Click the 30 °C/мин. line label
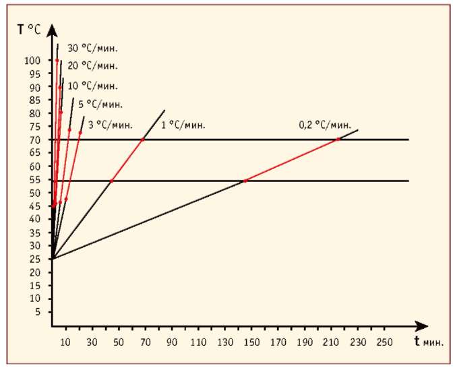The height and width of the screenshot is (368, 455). click(93, 48)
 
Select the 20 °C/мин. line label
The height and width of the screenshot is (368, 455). click(93, 65)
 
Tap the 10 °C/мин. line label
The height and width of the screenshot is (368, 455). click(93, 86)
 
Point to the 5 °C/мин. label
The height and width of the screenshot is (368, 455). click(100, 104)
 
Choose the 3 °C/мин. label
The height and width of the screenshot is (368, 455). click(111, 125)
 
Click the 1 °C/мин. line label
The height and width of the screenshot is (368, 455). click(183, 125)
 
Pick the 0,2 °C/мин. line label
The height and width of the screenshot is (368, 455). click(325, 125)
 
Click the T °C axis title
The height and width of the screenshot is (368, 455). click(29, 30)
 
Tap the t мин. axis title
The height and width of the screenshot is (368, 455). click(429, 342)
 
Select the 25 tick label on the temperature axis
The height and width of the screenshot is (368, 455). click(34, 259)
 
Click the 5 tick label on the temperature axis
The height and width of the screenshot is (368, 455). click(37, 312)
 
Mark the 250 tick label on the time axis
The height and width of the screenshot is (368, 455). click(384, 342)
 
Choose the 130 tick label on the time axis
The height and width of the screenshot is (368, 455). click(225, 342)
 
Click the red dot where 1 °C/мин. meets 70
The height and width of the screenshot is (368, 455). click(142, 140)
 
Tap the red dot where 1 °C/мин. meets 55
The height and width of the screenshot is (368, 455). click(111, 181)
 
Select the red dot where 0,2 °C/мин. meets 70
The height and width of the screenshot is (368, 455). click(338, 140)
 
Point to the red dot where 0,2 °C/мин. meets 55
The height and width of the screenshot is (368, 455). click(245, 181)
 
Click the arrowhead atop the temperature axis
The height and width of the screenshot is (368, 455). click(52, 30)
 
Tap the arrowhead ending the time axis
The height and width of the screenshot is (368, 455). click(421, 326)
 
